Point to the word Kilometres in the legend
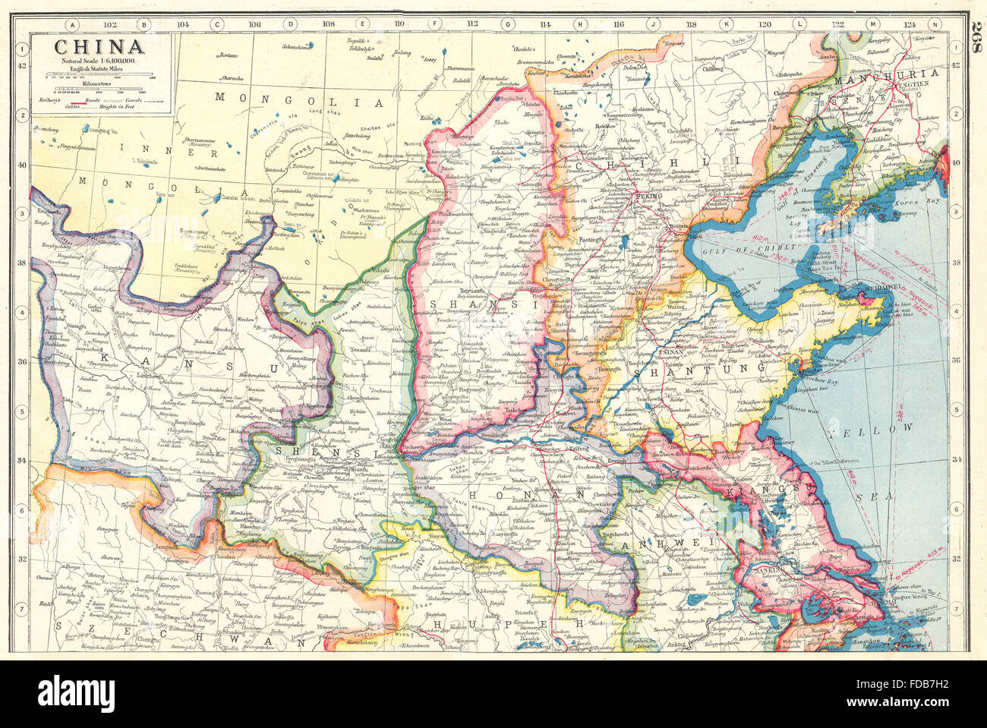click(x=99, y=85)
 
